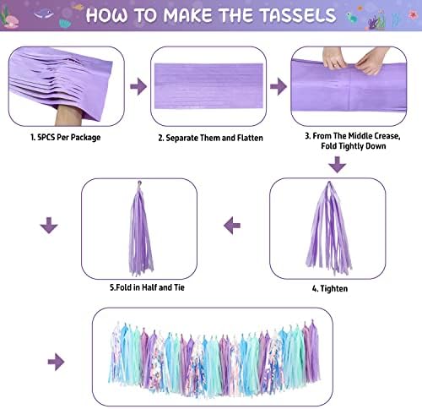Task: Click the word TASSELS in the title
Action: [298, 15]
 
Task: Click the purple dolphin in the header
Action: [44, 14]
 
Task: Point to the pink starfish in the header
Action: [413, 14]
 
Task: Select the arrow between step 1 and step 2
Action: [138, 86]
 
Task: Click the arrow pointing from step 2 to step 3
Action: [279, 86]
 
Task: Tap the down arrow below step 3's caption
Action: [337, 165]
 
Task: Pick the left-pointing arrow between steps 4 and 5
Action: [232, 226]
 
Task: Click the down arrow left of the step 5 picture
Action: [49, 225]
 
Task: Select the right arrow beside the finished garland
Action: [56, 362]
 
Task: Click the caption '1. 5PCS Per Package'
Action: [66, 138]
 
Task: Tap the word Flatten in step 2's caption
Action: [250, 138]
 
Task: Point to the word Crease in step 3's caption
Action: [387, 136]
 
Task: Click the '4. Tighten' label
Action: [330, 288]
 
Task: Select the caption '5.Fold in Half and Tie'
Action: [147, 287]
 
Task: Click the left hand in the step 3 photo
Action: [333, 57]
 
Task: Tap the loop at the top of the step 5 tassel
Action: [139, 183]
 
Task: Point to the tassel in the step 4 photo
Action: [329, 227]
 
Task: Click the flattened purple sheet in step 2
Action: [208, 86]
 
